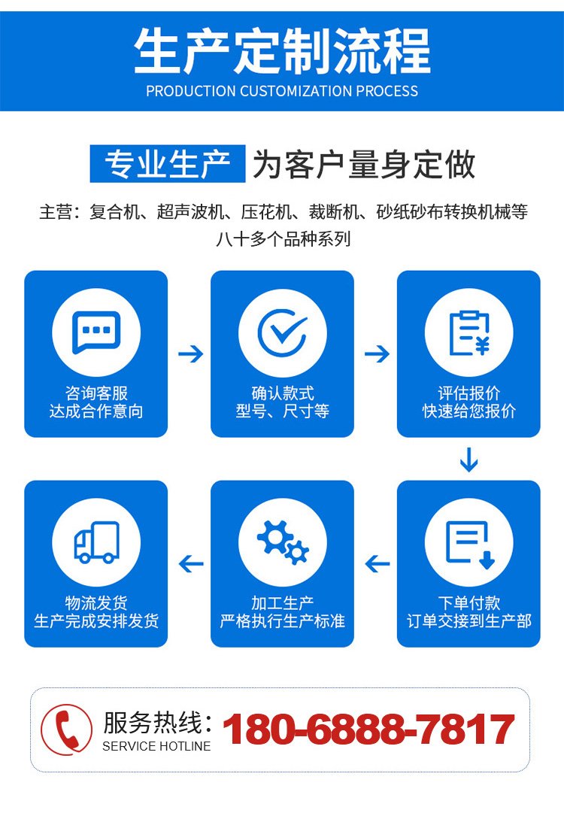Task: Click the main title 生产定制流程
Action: click(282, 51)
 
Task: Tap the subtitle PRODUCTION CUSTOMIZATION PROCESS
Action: click(282, 91)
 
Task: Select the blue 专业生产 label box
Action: click(168, 164)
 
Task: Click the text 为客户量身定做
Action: click(364, 165)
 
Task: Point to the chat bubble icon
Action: click(96, 332)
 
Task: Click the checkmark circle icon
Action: click(283, 332)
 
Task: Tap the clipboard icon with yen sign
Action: click(469, 333)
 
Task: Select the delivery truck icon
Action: click(97, 542)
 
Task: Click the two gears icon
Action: click(283, 542)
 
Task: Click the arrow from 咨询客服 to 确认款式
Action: click(190, 354)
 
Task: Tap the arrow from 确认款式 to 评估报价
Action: click(377, 354)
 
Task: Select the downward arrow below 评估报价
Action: click(468, 460)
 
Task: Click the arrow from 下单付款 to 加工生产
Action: click(378, 563)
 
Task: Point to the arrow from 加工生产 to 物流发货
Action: click(191, 563)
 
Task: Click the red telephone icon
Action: click(67, 730)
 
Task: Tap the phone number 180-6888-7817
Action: click(368, 730)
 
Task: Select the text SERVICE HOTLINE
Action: click(156, 746)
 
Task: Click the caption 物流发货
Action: click(96, 603)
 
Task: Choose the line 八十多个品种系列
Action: click(283, 239)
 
